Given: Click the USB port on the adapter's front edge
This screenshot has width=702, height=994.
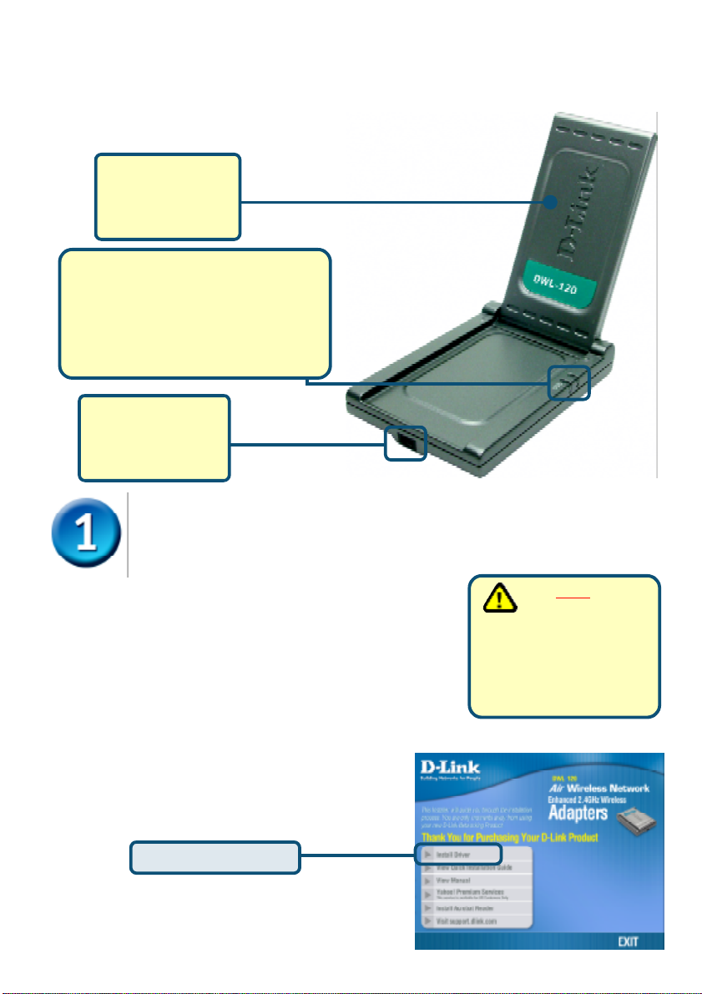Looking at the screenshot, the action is (406, 443).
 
